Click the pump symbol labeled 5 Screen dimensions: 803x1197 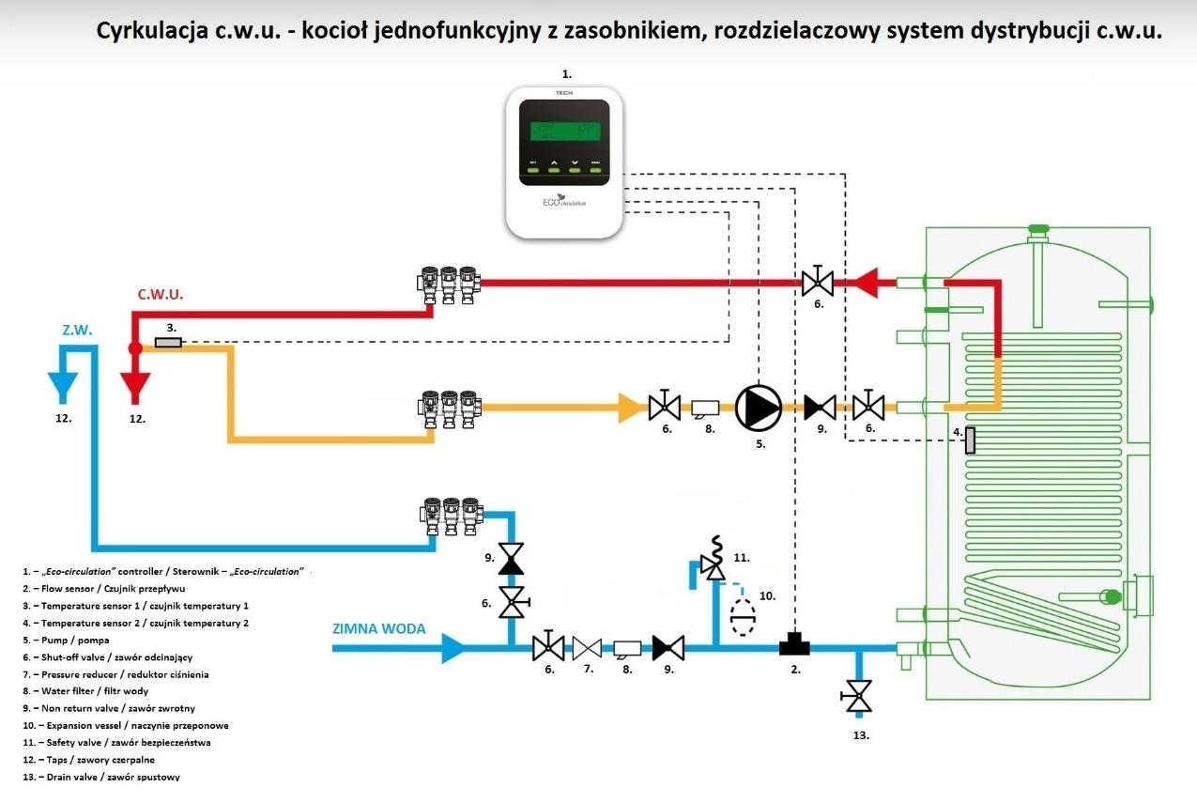pos(758,407)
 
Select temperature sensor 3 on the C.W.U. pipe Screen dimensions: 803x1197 pos(168,343)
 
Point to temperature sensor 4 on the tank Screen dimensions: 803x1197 pos(970,440)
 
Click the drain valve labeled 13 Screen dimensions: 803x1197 pos(857,696)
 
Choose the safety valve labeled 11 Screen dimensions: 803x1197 pos(714,566)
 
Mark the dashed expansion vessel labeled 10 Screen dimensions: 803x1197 pos(744,619)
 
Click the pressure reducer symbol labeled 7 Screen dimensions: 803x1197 pos(589,647)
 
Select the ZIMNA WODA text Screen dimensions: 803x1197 pos(378,628)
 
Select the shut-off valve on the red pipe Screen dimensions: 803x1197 pos(819,280)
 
